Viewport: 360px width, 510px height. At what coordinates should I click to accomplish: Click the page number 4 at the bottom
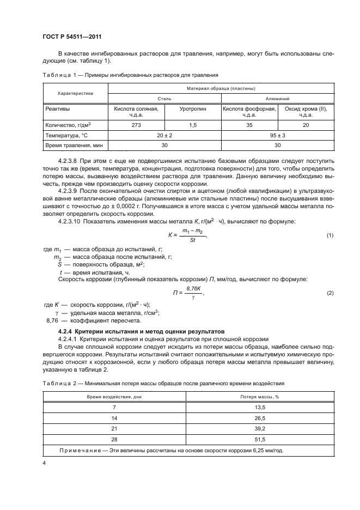(x=44, y=463)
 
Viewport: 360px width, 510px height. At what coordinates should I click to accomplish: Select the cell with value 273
(x=136, y=125)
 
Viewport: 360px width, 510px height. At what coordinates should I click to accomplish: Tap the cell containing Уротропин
(x=193, y=109)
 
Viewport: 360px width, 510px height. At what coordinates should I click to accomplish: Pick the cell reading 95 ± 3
(x=277, y=135)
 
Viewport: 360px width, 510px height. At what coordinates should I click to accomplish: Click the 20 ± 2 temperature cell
(x=164, y=135)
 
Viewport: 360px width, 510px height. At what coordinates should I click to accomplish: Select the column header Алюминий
(x=277, y=99)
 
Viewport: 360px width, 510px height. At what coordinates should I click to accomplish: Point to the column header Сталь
(x=164, y=99)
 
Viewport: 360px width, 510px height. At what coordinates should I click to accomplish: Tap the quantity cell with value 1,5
(x=193, y=125)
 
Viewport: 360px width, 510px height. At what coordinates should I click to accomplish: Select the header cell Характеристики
(x=76, y=93)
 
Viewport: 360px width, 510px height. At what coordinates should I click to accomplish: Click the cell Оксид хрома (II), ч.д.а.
(x=306, y=112)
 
